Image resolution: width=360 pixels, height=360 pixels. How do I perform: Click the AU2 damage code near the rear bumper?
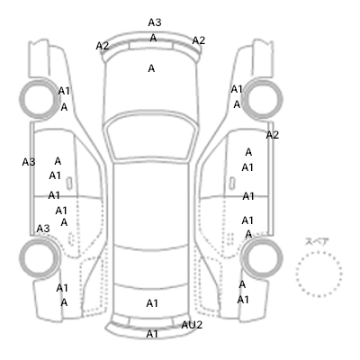[x=192, y=325]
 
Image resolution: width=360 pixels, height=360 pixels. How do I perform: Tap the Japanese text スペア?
[x=317, y=241]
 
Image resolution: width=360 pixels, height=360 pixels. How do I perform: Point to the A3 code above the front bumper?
[x=155, y=22]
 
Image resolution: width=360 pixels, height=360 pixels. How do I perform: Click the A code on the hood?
[x=151, y=68]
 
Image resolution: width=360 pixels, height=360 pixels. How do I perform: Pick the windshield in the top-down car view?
[x=151, y=137]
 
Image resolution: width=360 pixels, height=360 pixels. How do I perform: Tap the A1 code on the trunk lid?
[x=152, y=303]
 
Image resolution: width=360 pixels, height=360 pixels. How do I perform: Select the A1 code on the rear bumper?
[x=152, y=334]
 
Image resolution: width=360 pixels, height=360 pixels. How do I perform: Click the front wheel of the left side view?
[x=40, y=98]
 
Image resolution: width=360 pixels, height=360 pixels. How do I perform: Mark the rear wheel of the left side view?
[x=40, y=258]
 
